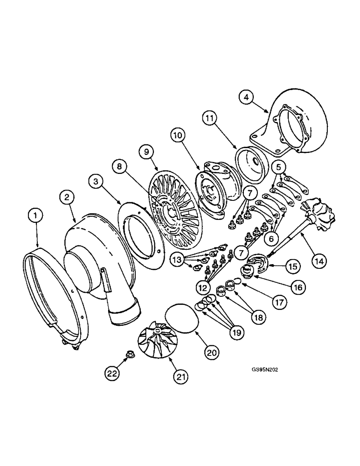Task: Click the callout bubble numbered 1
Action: click(35, 216)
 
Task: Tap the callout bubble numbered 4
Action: click(246, 98)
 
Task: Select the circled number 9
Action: click(146, 151)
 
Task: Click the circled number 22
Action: click(110, 373)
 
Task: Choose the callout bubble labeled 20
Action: click(212, 353)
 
